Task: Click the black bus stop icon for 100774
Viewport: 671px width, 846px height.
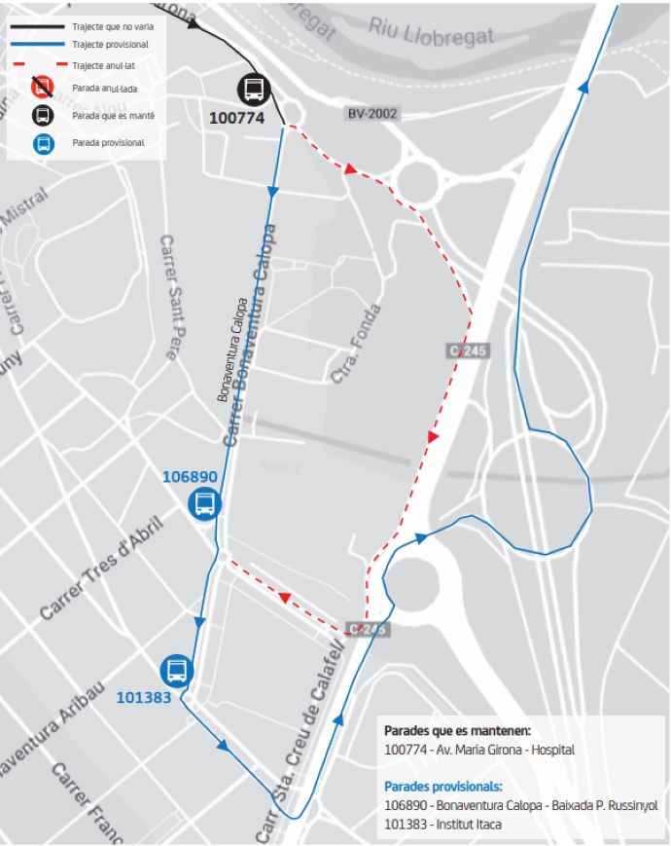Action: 253,91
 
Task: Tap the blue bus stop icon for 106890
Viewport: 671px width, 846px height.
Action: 205,504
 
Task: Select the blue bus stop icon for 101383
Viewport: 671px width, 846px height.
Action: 177,670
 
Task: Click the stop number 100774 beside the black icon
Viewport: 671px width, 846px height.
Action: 237,119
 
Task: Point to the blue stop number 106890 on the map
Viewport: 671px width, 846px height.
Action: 190,477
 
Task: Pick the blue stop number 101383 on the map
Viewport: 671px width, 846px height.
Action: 144,697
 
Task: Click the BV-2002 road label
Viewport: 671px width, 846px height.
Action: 372,114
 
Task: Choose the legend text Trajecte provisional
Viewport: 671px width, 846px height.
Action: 110,45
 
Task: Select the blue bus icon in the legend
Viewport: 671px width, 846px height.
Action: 43,143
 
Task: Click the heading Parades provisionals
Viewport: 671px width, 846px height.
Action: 442,787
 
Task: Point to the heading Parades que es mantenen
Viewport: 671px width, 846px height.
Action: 457,730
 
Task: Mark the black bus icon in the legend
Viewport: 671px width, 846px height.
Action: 43,116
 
